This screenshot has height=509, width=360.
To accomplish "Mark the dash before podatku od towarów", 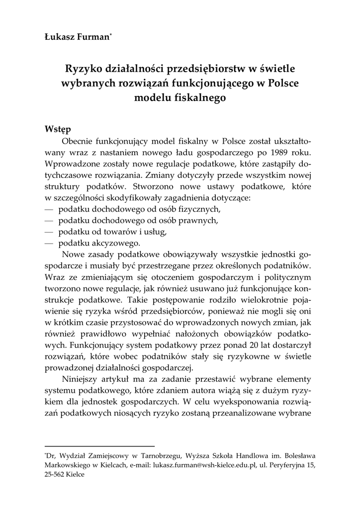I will [x=49, y=232].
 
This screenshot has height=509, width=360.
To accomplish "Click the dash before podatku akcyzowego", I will [x=49, y=244].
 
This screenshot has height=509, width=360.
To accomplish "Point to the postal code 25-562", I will [x=56, y=474].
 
